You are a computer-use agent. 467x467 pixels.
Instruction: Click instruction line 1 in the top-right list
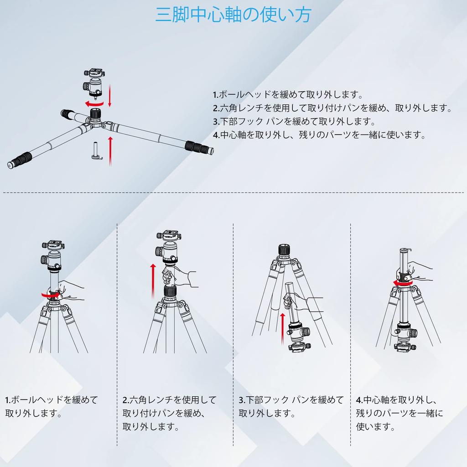click(x=288, y=95)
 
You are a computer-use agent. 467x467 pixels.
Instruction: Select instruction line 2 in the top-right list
click(x=332, y=108)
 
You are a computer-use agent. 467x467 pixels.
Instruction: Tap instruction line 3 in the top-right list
click(x=294, y=121)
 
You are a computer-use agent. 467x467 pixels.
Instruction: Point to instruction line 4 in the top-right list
click(x=319, y=135)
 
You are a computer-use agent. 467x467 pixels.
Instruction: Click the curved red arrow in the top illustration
click(x=94, y=104)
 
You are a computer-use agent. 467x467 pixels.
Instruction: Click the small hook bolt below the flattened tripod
click(x=97, y=150)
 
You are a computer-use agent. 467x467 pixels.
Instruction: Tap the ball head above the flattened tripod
click(x=94, y=84)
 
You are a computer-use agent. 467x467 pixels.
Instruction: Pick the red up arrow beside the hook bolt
click(x=110, y=151)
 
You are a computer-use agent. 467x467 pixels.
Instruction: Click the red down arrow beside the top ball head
click(x=109, y=95)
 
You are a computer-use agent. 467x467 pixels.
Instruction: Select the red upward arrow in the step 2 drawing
click(x=153, y=281)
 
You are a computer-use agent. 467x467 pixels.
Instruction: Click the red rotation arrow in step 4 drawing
click(x=403, y=284)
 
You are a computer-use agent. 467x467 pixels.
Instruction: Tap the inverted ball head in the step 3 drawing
click(x=299, y=338)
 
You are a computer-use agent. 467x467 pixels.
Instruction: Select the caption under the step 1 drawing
click(x=51, y=406)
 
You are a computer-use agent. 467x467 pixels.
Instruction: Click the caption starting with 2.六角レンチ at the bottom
click(x=169, y=413)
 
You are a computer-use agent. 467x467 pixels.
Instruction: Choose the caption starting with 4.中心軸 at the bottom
click(x=400, y=413)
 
